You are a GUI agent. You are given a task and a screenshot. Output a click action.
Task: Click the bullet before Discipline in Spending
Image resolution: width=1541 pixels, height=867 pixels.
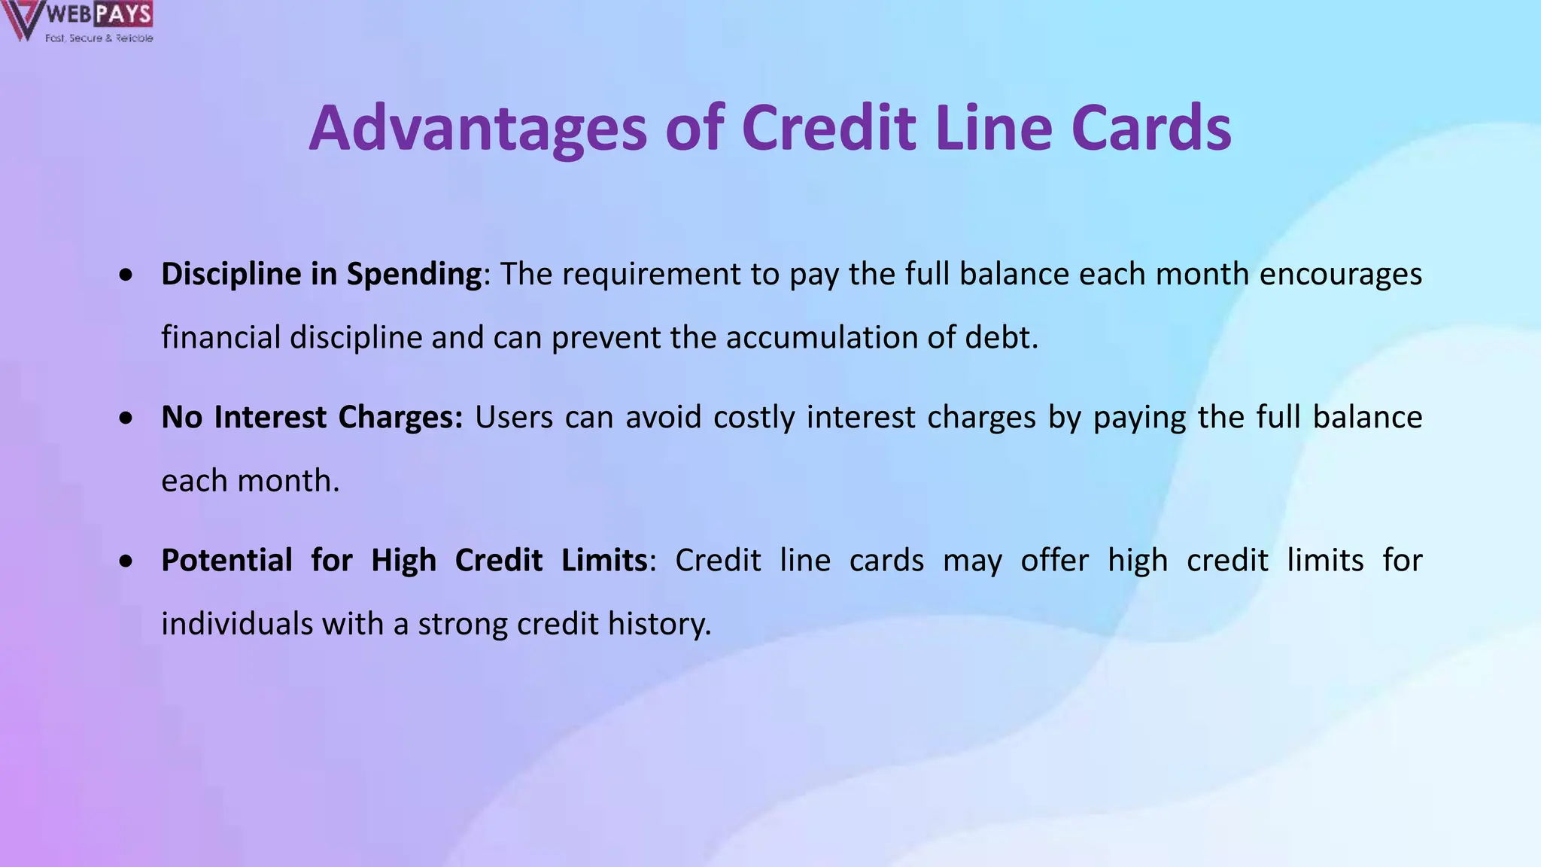coord(126,276)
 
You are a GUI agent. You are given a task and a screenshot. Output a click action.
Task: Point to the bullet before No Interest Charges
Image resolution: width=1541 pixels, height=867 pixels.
coord(126,419)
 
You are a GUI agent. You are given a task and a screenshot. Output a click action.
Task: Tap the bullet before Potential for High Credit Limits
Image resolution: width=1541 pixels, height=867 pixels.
coord(126,562)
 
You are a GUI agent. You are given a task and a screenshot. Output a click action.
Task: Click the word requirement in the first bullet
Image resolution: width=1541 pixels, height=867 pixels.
coord(651,275)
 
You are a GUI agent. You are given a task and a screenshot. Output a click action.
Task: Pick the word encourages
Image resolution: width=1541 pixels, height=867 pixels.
coord(1340,275)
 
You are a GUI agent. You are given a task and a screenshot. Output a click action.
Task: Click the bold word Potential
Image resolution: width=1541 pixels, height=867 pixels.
coord(226,561)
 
